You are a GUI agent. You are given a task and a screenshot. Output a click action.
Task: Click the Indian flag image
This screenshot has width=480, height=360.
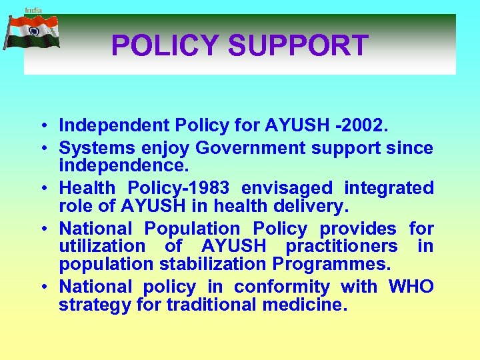pyautogui.click(x=31, y=33)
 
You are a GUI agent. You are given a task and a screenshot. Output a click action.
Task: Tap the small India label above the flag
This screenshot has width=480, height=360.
pyautogui.click(x=33, y=10)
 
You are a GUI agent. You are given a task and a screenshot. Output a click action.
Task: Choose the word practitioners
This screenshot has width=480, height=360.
pyautogui.click(x=341, y=246)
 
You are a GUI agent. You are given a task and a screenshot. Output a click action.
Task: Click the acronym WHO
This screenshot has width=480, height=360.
pyautogui.click(x=410, y=287)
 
